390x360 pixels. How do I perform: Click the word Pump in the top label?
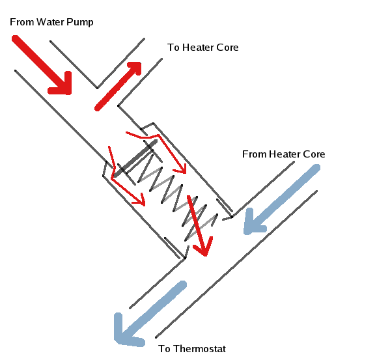tap(80, 23)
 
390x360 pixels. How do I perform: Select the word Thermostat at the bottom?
tap(199, 349)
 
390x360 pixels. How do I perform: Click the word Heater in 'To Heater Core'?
tap(198, 48)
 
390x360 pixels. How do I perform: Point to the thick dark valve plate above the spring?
tap(135, 158)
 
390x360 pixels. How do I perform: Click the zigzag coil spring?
tap(178, 197)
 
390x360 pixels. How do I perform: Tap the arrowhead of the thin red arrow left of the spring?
tap(141, 200)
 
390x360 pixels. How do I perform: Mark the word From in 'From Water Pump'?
tap(22, 22)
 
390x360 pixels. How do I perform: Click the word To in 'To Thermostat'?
tap(164, 349)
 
